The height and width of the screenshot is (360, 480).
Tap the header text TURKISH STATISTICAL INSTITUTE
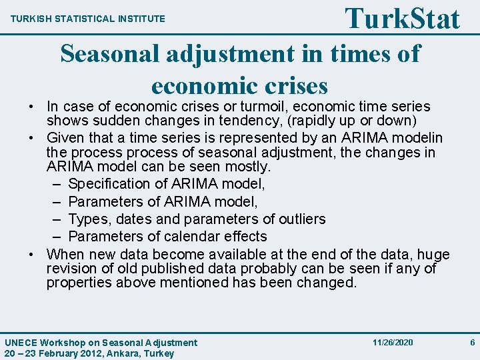88,19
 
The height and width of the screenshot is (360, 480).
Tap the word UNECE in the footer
22,343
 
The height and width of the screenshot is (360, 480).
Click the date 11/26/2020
393,342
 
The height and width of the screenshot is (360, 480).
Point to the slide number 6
472,342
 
